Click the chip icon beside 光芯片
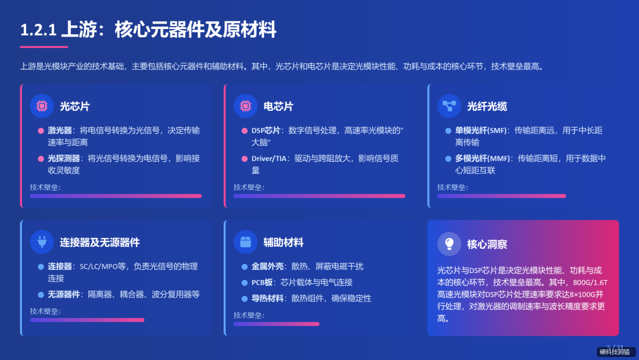coord(41,106)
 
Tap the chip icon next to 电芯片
coord(245,106)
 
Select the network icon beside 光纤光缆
coord(449,106)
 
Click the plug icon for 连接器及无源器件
coord(41,242)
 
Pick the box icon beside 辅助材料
coord(245,242)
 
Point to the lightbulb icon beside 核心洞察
coord(449,243)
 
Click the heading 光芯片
coord(75,107)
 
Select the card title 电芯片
coord(278,107)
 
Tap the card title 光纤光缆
coord(487,107)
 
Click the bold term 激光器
coord(60,130)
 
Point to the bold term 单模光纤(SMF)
coord(480,130)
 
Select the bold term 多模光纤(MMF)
coord(482,158)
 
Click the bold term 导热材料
coord(267,298)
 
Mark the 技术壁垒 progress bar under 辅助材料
coord(276,324)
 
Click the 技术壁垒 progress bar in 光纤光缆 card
coord(501,196)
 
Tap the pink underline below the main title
coord(44,47)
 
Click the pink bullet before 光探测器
coord(41,159)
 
